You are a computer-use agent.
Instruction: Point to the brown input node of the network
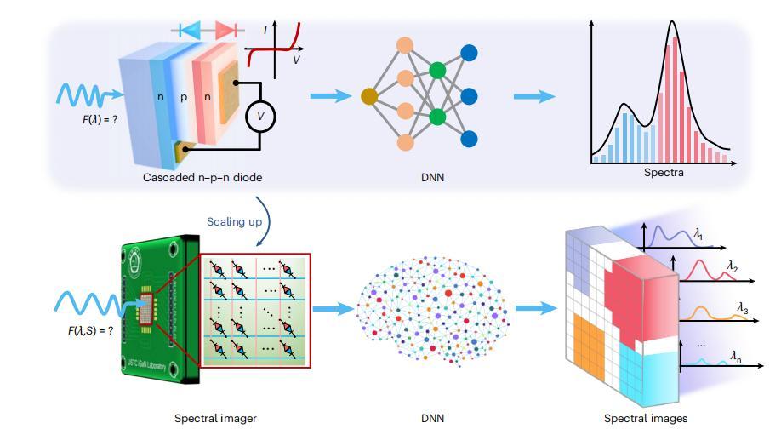click(369, 96)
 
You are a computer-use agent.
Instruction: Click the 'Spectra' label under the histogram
click(664, 172)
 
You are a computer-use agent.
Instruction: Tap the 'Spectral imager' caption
click(215, 418)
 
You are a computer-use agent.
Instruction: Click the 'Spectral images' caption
click(646, 418)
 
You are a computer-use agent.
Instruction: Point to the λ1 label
click(699, 232)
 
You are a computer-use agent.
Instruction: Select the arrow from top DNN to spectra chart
click(533, 96)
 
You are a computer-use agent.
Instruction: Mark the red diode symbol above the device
click(225, 30)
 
